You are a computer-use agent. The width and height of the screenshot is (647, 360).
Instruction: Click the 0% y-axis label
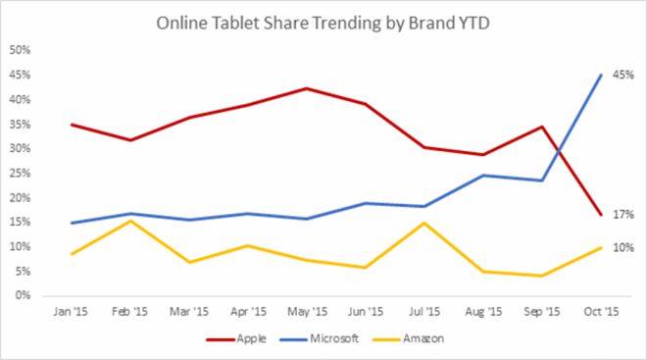[x=25, y=295]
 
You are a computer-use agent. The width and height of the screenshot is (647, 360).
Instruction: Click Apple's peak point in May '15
[x=306, y=88]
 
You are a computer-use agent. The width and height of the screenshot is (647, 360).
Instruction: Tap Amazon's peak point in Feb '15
[x=130, y=221]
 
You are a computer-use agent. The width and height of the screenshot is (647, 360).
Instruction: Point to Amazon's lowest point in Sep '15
[x=540, y=276]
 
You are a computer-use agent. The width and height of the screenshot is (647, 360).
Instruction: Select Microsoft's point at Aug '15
[x=481, y=176]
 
